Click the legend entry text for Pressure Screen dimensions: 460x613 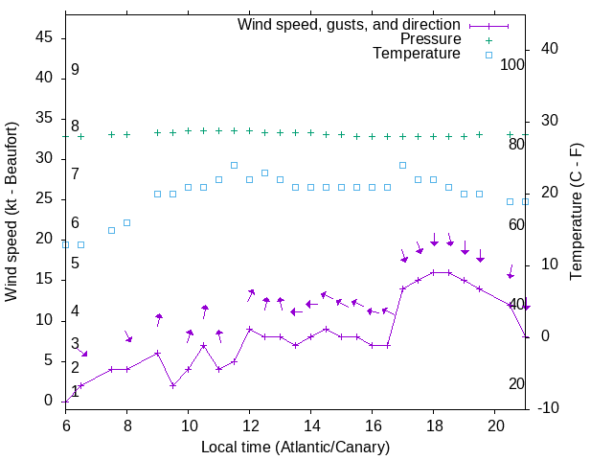(x=430, y=39)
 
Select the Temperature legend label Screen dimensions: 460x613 (x=417, y=54)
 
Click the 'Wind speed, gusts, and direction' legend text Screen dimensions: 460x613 (x=350, y=25)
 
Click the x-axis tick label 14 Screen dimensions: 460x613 (x=311, y=424)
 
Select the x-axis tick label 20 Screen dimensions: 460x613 (x=495, y=424)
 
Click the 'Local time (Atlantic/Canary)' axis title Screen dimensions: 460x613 (x=295, y=447)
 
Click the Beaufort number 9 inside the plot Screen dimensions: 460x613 (x=75, y=70)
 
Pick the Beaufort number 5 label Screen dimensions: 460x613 (x=75, y=263)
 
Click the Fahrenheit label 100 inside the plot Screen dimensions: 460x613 (x=512, y=65)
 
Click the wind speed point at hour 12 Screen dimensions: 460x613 (x=250, y=329)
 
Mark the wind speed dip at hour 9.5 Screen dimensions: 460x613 (x=173, y=385)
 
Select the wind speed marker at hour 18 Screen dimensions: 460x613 (x=434, y=272)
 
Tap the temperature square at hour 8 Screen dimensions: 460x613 (x=127, y=222)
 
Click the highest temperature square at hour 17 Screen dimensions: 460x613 (x=403, y=165)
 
